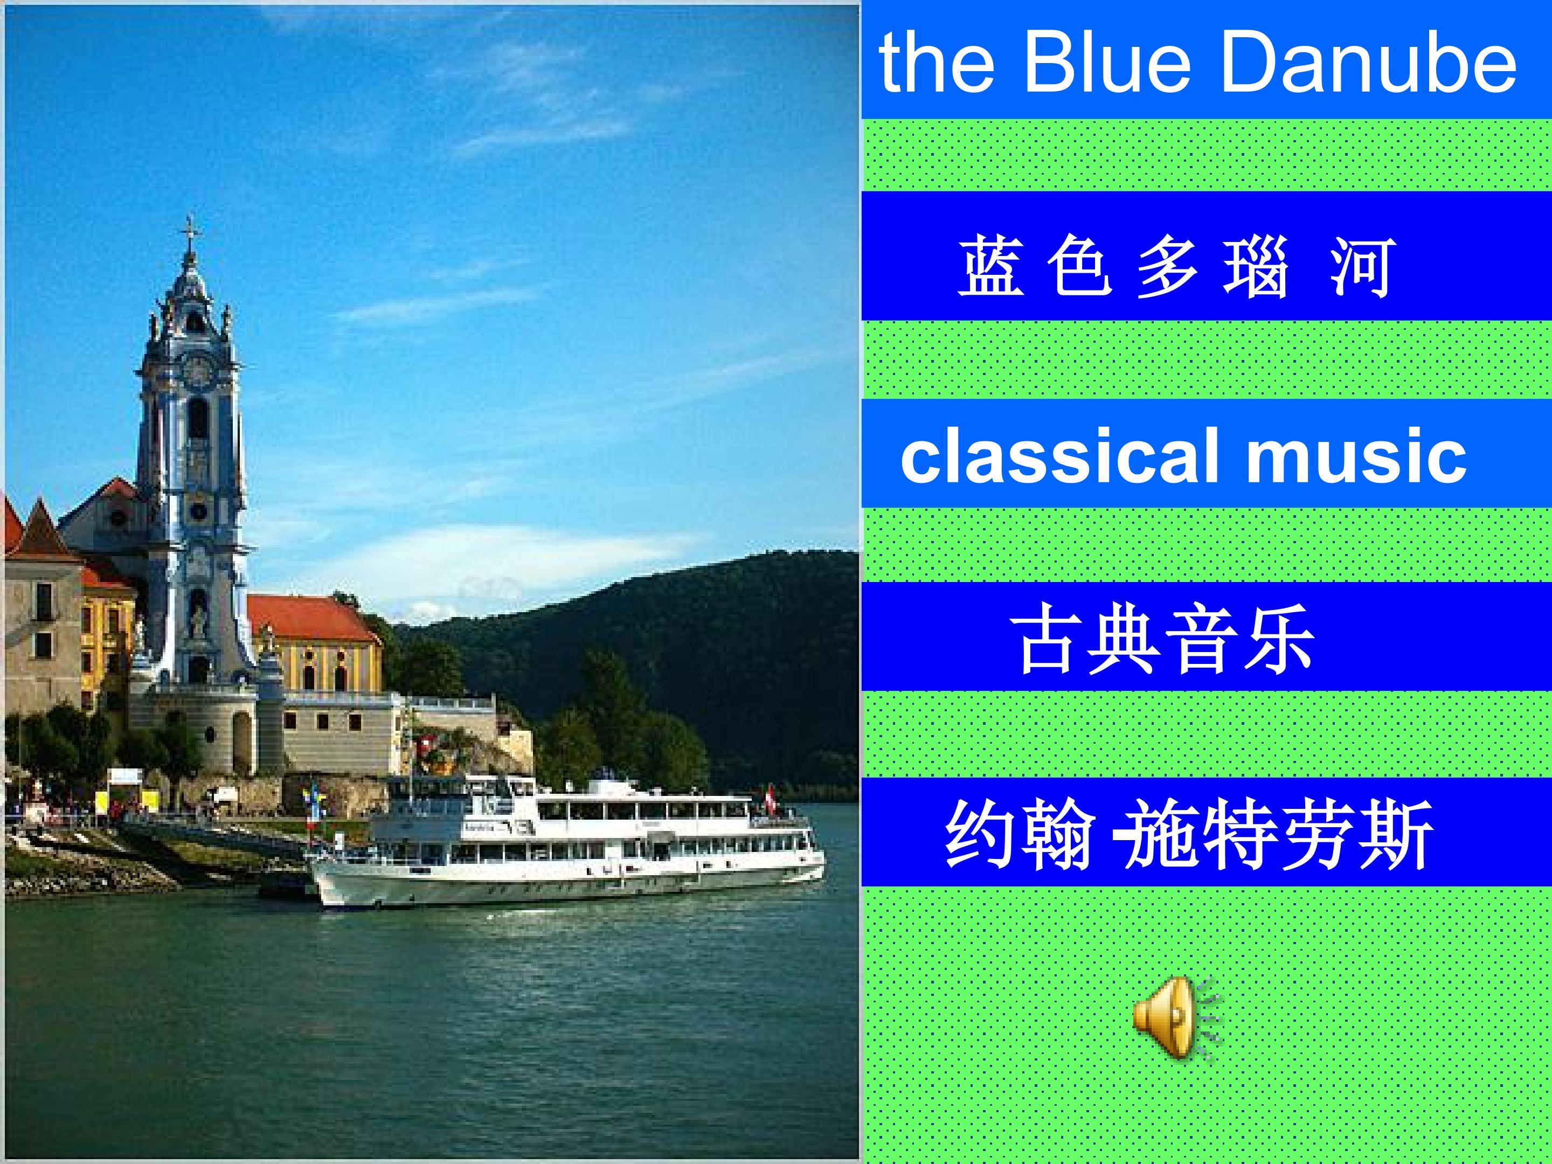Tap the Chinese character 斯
[1396, 834]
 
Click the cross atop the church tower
[189, 230]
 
